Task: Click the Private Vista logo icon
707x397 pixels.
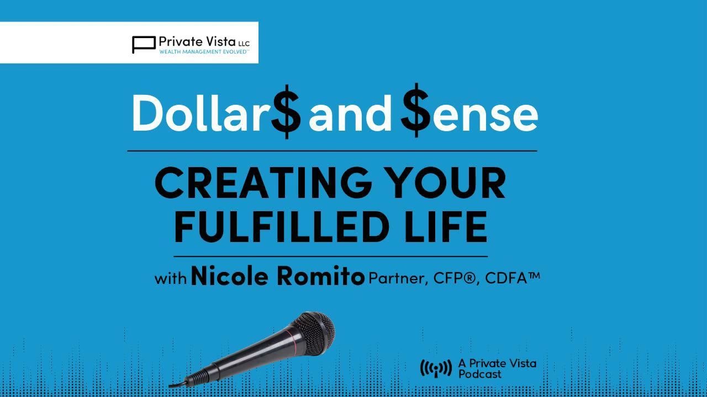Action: pos(144,44)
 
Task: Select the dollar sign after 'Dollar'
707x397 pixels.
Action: pos(286,113)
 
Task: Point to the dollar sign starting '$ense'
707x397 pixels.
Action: pos(416,113)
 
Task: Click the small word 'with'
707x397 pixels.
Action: pos(171,278)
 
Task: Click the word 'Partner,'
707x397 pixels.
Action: pos(398,278)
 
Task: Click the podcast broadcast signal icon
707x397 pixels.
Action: pos(436,368)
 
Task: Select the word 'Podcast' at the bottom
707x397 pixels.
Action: pos(480,374)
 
